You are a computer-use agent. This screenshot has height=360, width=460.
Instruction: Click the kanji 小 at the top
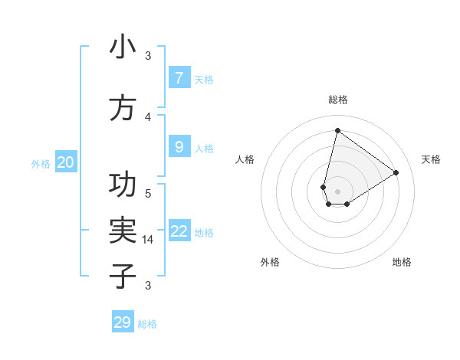[x=123, y=47]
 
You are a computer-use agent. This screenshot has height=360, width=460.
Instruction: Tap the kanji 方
[x=123, y=108]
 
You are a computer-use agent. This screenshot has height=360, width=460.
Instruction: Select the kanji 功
[x=123, y=185]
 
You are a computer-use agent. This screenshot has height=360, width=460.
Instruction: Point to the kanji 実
[x=123, y=229]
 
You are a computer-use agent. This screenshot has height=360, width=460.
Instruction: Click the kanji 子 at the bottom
[x=123, y=276]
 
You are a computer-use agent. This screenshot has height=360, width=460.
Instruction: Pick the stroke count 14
[x=149, y=240]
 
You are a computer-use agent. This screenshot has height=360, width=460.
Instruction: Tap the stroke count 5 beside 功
[x=148, y=193]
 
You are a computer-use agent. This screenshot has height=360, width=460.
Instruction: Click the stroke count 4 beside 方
[x=148, y=116]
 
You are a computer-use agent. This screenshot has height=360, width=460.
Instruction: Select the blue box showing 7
[x=179, y=77]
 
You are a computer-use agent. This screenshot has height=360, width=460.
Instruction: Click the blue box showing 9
[x=179, y=146]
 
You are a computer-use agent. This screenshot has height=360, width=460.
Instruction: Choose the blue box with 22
[x=179, y=231]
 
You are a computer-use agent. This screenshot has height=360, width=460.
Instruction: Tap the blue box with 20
[x=66, y=162]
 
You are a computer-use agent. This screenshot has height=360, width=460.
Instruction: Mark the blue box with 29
[x=123, y=322]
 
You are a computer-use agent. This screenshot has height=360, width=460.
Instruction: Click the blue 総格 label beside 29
[x=147, y=324]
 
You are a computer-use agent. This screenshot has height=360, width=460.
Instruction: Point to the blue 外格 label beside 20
[x=41, y=164]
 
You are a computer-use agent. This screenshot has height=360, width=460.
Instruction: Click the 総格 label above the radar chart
[x=338, y=100]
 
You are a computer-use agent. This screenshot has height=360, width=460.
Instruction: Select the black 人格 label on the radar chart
[x=245, y=159]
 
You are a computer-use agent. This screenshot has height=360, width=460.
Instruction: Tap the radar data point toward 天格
[x=396, y=172]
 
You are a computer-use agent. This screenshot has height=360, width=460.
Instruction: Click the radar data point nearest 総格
[x=337, y=130]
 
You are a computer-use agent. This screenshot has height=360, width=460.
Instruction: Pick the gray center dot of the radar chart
[x=338, y=191]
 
